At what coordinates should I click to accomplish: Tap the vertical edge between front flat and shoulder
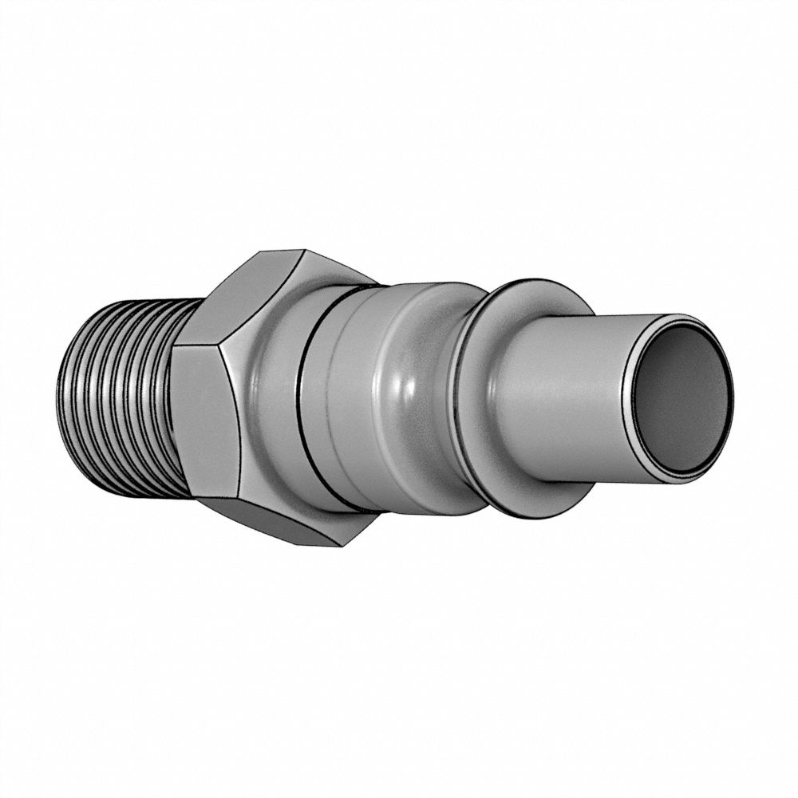239,423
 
